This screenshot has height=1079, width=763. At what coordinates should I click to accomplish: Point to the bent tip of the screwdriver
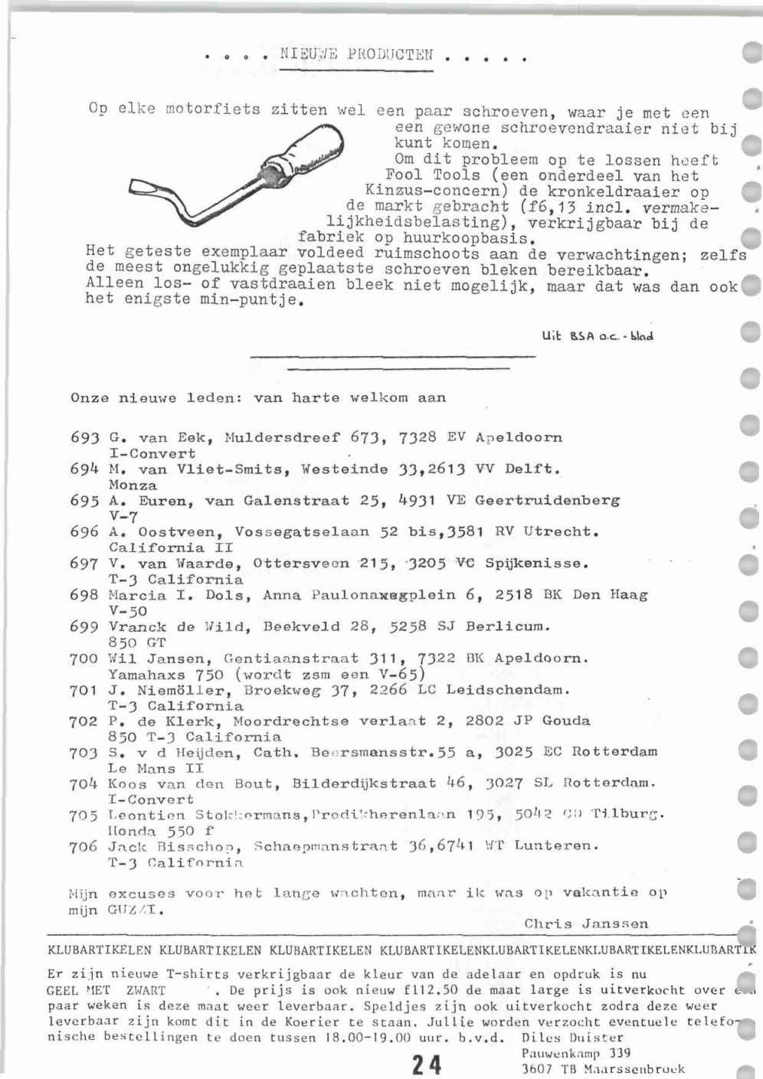pos(146,188)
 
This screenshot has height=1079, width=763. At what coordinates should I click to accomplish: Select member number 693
pos(84,438)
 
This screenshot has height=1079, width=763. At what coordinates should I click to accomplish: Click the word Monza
pos(133,486)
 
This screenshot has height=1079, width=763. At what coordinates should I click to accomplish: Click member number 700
pos(84,659)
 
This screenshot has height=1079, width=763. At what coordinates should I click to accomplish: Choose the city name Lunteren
pos(555,846)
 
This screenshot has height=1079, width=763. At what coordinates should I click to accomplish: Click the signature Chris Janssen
pos(586,924)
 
